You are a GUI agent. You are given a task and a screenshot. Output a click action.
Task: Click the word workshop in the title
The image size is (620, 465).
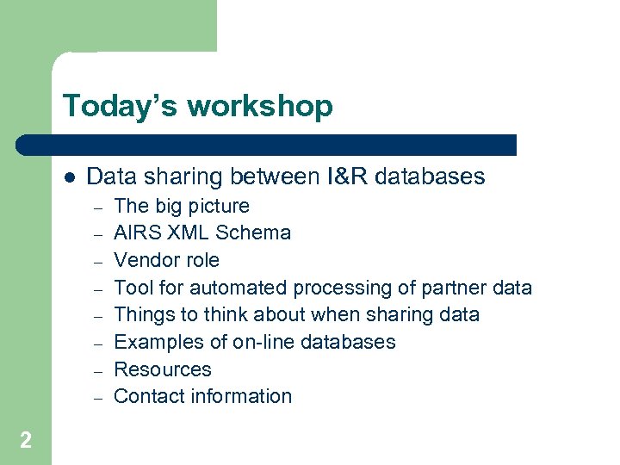[259, 107]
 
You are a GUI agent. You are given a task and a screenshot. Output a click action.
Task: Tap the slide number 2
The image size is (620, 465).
[26, 441]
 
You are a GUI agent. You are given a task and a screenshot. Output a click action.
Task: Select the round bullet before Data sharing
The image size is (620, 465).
[69, 177]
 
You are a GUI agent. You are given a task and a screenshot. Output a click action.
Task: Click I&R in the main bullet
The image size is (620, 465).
[350, 177]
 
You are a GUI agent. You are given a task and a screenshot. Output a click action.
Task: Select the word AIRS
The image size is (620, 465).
[136, 233]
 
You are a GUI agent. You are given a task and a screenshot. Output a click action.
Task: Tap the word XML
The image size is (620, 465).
[188, 233]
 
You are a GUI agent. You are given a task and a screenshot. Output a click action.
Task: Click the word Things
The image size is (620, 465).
[142, 315]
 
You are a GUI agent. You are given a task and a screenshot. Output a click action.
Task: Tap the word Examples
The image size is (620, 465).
[156, 342]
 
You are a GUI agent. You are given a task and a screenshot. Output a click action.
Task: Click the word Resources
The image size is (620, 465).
[162, 369]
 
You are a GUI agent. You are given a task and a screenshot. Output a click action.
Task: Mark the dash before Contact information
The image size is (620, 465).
[98, 397]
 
